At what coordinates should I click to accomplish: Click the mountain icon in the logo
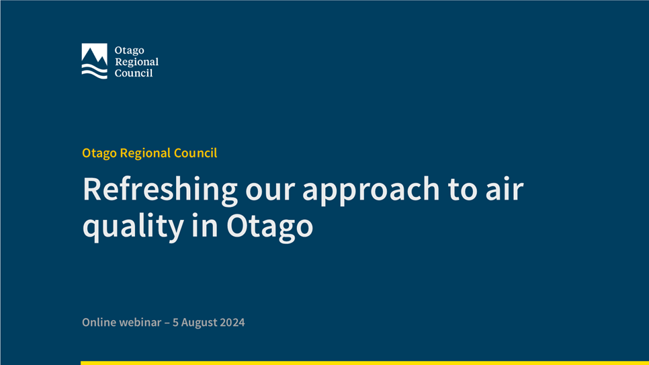[94, 53]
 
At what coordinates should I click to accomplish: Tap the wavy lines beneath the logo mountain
[94, 71]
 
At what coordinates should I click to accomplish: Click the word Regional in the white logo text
[136, 62]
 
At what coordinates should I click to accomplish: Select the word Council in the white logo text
[134, 73]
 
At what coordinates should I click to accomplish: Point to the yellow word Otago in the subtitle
[99, 153]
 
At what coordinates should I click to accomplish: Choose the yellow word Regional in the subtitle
[145, 153]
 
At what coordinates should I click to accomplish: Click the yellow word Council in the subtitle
[196, 153]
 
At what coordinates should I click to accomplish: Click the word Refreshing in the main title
[160, 190]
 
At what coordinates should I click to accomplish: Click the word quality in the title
[133, 227]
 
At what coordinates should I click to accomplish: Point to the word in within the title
[205, 225]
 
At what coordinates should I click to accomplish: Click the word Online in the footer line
[99, 323]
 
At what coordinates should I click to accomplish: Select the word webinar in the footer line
[140, 323]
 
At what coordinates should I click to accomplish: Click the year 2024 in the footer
[232, 323]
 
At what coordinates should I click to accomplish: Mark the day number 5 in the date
[175, 323]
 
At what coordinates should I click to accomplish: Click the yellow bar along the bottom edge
[365, 363]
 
